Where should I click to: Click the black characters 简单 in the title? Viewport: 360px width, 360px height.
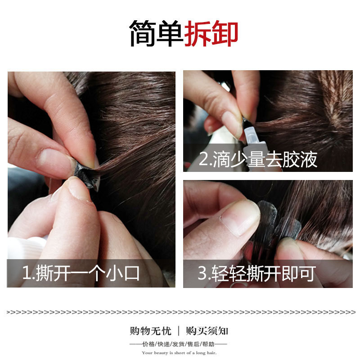click(x=156, y=33)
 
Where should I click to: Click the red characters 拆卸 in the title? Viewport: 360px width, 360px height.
click(x=211, y=33)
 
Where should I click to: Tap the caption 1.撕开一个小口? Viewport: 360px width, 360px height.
click(x=81, y=273)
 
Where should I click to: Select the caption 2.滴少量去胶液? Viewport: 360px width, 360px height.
click(x=258, y=159)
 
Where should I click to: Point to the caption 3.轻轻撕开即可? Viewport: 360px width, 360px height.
click(x=256, y=273)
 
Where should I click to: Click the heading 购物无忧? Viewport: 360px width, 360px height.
click(x=151, y=331)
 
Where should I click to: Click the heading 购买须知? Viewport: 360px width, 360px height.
click(x=207, y=331)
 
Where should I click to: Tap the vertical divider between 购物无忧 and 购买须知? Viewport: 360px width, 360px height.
click(x=179, y=331)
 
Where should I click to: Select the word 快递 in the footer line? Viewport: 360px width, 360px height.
click(x=163, y=344)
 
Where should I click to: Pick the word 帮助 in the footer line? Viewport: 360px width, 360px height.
click(x=208, y=344)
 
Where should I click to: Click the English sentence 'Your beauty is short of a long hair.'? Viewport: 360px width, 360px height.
click(x=179, y=353)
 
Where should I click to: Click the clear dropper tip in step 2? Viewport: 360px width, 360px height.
click(x=250, y=136)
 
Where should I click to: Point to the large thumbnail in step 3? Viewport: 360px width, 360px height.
click(x=240, y=219)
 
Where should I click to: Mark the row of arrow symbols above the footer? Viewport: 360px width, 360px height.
click(x=181, y=312)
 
